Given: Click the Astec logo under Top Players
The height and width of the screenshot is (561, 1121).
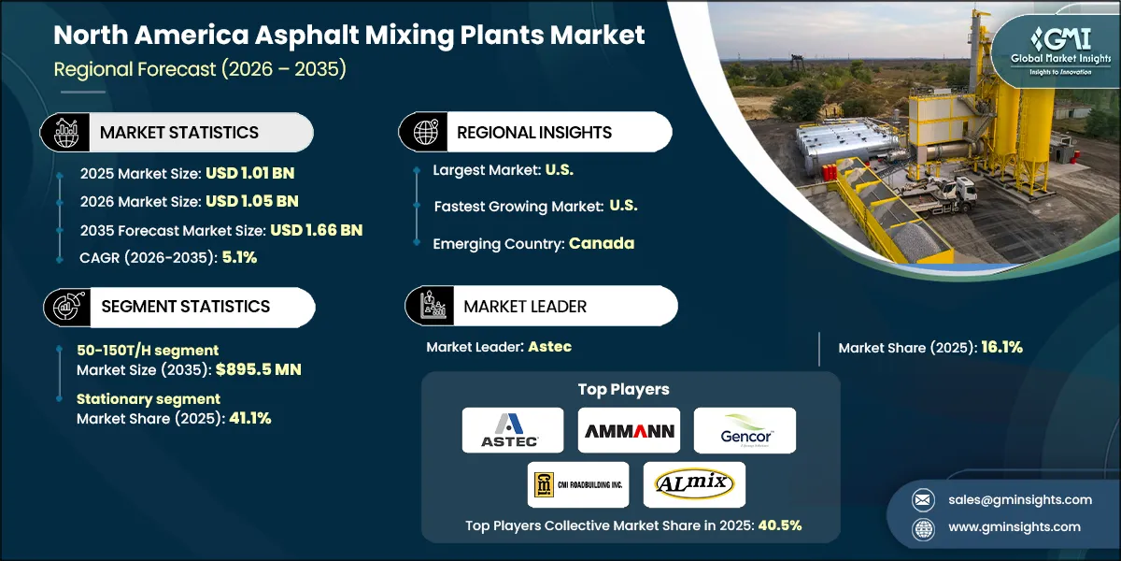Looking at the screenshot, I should [x=513, y=430].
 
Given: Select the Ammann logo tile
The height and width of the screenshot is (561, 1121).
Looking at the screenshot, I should [x=629, y=430].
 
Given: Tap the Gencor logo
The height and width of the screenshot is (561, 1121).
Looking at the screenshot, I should [x=745, y=430].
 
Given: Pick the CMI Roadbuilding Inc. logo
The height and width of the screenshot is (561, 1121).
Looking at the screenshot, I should [x=578, y=483].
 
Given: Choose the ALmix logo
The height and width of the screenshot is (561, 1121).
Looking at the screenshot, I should [x=694, y=483].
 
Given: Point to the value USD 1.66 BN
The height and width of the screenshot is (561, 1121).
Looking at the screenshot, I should [x=316, y=230].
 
